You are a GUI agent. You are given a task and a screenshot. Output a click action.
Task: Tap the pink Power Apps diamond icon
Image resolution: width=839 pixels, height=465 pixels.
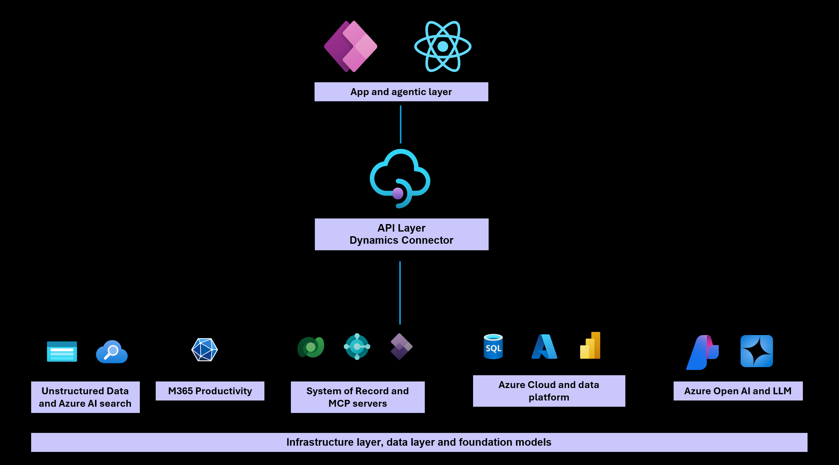point(351,46)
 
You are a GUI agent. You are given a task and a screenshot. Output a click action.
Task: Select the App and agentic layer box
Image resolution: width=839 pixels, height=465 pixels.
point(401,92)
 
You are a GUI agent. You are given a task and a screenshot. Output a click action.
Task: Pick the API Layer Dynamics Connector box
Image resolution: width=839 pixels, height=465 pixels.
point(401,234)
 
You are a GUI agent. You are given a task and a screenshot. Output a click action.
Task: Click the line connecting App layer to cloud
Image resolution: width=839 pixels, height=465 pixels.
point(401,124)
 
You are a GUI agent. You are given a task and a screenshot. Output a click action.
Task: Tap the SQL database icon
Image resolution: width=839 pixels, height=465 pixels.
point(493,347)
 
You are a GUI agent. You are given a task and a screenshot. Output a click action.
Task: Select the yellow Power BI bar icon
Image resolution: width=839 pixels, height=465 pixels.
point(590,346)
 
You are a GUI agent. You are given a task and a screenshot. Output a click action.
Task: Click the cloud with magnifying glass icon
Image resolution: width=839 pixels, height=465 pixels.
point(112,352)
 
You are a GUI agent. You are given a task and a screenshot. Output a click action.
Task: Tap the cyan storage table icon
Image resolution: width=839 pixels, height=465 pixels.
point(62,352)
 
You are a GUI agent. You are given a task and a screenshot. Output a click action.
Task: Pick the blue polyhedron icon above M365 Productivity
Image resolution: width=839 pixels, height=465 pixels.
point(205,350)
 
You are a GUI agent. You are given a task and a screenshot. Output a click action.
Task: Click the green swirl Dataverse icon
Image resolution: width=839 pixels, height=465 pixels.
point(311,347)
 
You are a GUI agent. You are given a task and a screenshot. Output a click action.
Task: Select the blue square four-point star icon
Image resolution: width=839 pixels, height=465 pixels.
point(756,351)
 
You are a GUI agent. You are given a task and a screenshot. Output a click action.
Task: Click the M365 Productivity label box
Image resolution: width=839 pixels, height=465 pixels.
point(210,391)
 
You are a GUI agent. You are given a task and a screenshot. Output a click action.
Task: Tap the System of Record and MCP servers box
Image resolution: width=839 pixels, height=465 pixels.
point(357,397)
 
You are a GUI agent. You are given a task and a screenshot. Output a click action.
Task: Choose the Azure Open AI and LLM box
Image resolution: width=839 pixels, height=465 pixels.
point(738,391)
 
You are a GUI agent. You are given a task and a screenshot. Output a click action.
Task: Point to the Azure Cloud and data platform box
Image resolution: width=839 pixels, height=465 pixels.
point(549,391)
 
